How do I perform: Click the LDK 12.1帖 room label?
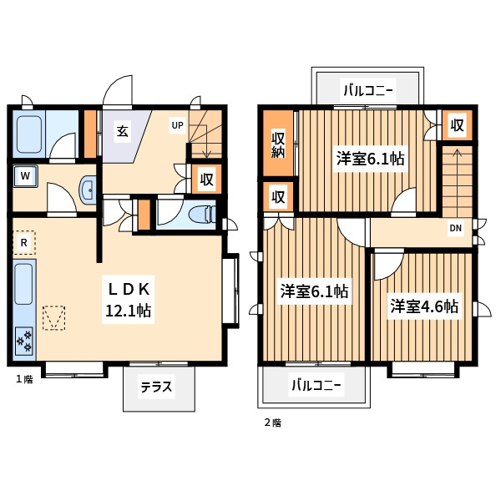pos(129,300)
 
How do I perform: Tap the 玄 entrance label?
pos(123,131)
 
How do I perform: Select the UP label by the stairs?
pos(178,125)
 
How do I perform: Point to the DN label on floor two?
pos(456,228)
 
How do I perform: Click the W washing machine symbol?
pos(25,176)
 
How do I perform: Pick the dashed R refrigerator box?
pos(24,243)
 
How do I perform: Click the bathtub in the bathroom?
pos(29,134)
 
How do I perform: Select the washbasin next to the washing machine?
pos(88,190)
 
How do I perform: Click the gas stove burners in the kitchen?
pos(24,340)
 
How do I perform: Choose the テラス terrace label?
pos(156,387)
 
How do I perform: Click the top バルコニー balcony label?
pos(367,90)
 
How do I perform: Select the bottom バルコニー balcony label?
pos(316,385)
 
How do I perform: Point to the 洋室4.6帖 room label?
pos(424,306)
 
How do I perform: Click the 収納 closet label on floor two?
pos(278,144)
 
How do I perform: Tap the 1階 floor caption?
pos(24,379)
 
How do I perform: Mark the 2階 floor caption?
pos(273,423)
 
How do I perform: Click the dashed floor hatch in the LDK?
pos(54,317)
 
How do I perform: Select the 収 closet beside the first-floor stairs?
pos(206,180)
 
